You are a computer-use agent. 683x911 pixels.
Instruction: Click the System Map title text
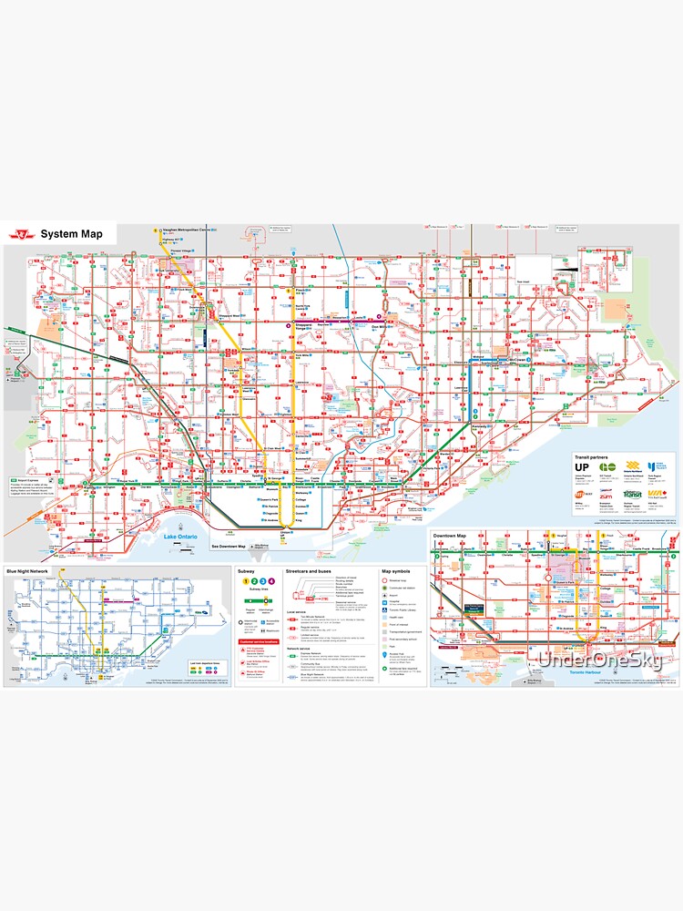coord(71,234)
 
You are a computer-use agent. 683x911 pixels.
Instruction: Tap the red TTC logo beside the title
coord(19,234)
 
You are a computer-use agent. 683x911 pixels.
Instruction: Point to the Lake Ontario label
coord(180,537)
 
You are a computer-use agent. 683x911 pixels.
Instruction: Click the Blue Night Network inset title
coord(27,570)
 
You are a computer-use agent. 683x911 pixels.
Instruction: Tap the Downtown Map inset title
coord(450,535)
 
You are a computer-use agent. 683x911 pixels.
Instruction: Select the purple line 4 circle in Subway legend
coord(270,581)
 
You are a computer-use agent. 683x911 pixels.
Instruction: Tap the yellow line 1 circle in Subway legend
coord(243,581)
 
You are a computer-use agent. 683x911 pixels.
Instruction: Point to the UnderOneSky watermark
coord(599,660)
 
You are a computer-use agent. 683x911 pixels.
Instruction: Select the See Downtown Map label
coord(229,546)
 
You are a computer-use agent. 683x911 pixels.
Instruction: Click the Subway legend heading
coord(246,570)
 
